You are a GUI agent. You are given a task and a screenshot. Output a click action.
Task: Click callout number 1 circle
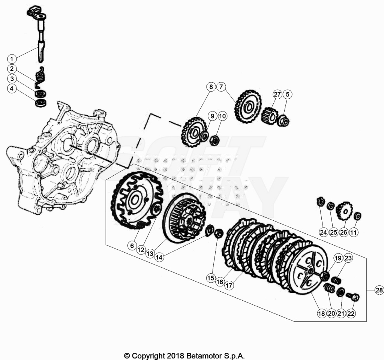click(12, 59)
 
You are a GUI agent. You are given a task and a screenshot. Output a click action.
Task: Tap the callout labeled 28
click(379, 290)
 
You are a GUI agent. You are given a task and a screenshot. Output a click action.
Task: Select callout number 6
click(132, 246)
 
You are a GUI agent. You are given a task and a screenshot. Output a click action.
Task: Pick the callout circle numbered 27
click(277, 95)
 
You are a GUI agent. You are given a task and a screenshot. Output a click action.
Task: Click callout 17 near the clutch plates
click(229, 285)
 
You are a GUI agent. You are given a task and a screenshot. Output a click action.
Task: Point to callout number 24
click(324, 232)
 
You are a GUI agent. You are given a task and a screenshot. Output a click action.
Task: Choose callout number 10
click(222, 116)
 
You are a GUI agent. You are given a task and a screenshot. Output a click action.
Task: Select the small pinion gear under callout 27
click(270, 116)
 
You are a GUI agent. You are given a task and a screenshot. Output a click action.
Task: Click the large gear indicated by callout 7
click(248, 107)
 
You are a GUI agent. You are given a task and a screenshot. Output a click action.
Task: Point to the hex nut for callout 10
click(215, 140)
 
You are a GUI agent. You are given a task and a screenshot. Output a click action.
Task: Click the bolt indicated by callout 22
click(353, 297)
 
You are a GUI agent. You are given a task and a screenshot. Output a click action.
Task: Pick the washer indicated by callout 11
click(357, 216)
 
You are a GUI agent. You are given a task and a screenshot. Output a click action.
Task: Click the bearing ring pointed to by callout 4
click(41, 103)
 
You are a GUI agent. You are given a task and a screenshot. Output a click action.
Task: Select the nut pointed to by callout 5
click(283, 121)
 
